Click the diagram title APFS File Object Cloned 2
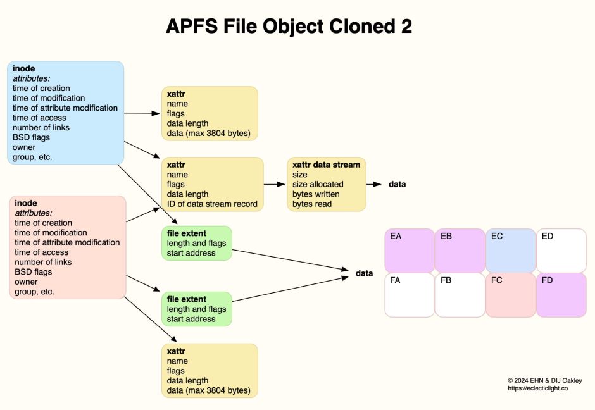click(289, 26)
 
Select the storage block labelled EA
click(410, 251)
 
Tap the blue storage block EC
click(510, 251)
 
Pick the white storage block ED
click(561, 251)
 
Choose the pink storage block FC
click(510, 295)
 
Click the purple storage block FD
click(561, 295)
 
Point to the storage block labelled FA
click(410, 295)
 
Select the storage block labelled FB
click(460, 295)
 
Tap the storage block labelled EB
click(460, 251)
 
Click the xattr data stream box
click(326, 184)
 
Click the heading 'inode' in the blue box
click(24, 68)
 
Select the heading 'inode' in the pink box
click(26, 203)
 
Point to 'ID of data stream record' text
click(212, 204)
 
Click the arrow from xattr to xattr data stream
click(275, 184)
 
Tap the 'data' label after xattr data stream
click(397, 184)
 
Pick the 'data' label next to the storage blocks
click(364, 273)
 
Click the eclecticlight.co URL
click(537, 389)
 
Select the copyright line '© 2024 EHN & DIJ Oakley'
click(544, 380)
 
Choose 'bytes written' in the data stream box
click(316, 194)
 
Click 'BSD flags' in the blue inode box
click(32, 137)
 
